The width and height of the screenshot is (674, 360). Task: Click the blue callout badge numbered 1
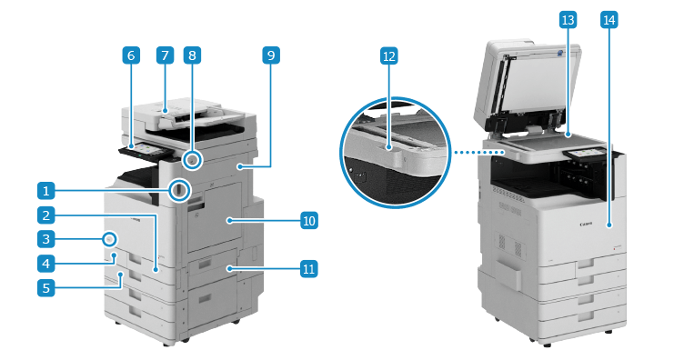[46, 190]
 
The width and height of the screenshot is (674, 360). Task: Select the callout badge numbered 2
[46, 215]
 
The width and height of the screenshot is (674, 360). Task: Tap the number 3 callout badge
[46, 239]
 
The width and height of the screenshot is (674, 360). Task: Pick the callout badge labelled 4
[46, 264]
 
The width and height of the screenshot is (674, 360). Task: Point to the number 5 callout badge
[46, 288]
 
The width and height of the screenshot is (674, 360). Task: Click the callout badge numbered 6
[131, 55]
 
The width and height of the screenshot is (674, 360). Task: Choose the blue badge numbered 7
[165, 55]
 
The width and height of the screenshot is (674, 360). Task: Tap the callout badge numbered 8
[192, 55]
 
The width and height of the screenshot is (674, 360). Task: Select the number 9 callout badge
[271, 55]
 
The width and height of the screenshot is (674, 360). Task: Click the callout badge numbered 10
[309, 221]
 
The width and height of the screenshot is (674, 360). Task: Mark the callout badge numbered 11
[309, 269]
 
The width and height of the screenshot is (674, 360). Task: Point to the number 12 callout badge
[388, 55]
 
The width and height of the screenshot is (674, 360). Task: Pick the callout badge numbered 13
[568, 20]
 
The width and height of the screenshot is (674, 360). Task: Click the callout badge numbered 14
[609, 20]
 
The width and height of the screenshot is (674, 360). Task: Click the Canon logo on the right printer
[586, 224]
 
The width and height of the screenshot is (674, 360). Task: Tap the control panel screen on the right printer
[583, 154]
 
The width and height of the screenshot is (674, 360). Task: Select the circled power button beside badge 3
[110, 240]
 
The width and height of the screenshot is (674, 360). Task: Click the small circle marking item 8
[192, 161]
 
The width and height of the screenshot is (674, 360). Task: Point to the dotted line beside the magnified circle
[479, 152]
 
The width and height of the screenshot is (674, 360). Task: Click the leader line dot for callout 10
[230, 221]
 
